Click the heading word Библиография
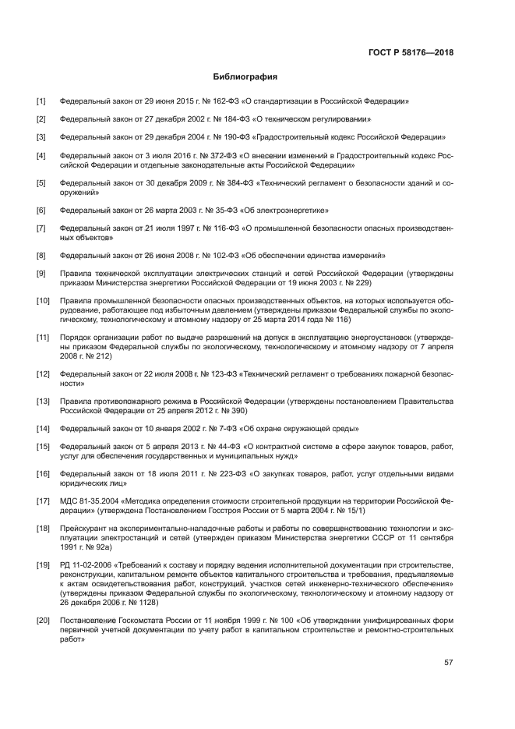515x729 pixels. point(245,77)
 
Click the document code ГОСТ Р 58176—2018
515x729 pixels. point(411,54)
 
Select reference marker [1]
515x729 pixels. point(41,101)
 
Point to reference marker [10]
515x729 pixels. point(43,300)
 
